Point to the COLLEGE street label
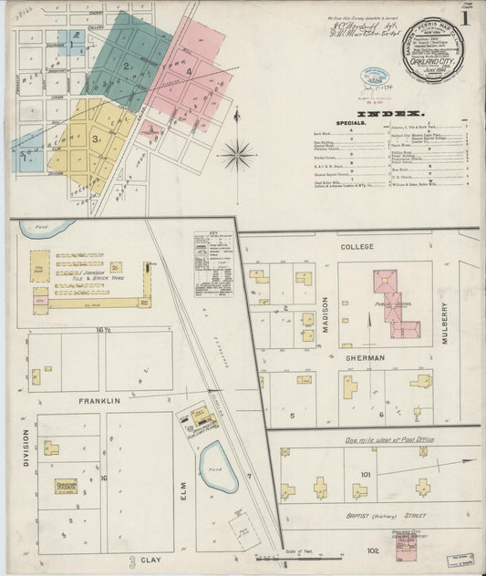[357, 247]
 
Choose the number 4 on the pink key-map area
[189, 71]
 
